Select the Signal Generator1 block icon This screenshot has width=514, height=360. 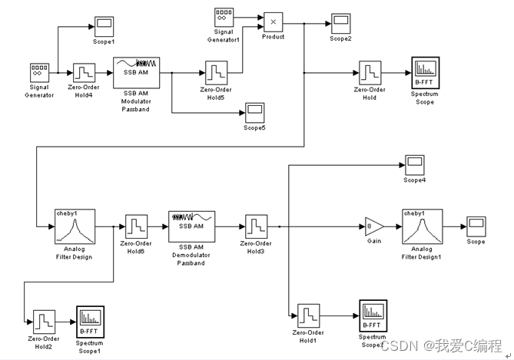(x=224, y=16)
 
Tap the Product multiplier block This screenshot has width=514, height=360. (x=274, y=21)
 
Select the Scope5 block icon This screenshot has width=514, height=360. (x=254, y=113)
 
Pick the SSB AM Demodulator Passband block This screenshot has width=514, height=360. (x=191, y=226)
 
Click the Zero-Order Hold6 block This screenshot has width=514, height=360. (x=136, y=227)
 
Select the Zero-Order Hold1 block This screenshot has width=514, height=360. (x=308, y=315)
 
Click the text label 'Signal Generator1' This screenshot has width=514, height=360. (x=224, y=36)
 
